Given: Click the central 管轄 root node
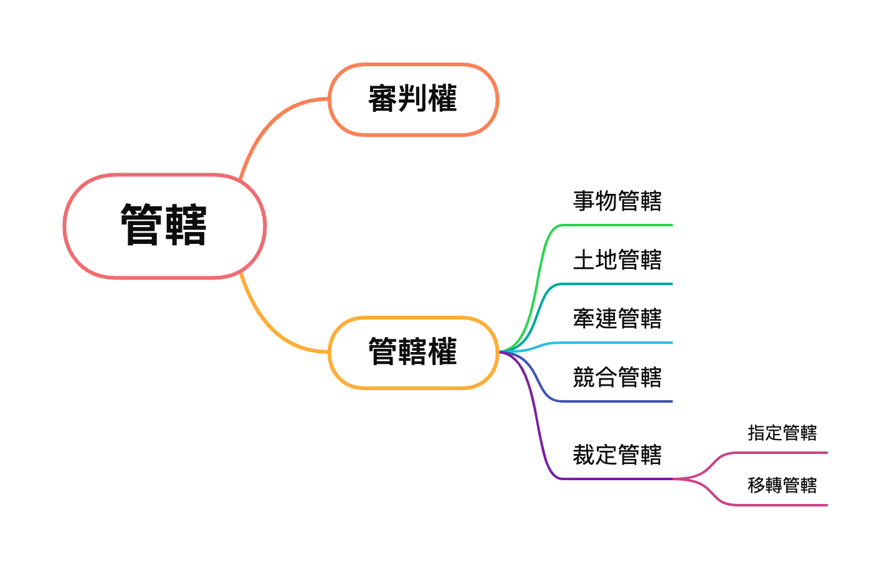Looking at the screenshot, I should pos(164,226).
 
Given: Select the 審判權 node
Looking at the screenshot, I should pos(413,99).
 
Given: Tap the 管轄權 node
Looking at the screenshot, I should pos(413,352).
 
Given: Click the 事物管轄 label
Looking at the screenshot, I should pos(617,201).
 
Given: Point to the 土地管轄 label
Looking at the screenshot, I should pos(617,260).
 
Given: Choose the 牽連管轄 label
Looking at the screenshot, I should pos(617,319).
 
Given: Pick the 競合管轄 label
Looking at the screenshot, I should pos(617,378).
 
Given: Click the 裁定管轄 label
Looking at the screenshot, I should pos(617,455).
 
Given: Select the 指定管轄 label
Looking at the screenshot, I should pos(782,433).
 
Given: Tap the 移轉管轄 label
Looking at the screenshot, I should pos(782,485).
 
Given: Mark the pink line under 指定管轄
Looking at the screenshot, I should pos(781,453).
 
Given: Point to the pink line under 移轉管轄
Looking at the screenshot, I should pos(781,505).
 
